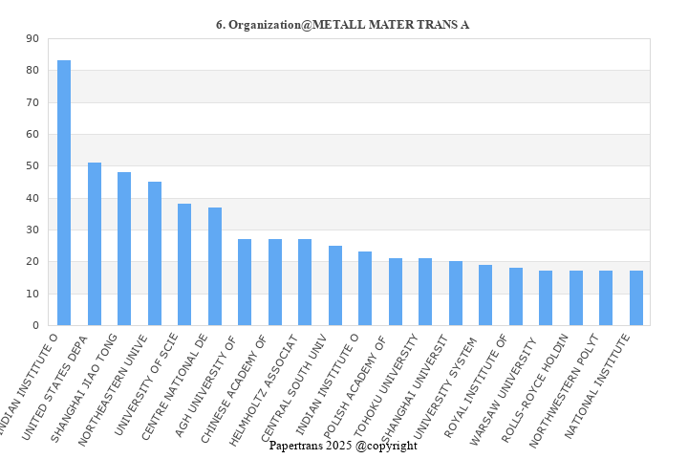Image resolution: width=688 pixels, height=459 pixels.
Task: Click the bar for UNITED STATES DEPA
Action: coord(95,244)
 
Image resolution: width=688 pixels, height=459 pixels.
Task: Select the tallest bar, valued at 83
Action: coord(64,193)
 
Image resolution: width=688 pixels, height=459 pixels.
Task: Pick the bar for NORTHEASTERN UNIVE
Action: coord(155,253)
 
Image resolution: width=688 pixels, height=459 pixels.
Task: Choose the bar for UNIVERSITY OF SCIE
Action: coord(184,265)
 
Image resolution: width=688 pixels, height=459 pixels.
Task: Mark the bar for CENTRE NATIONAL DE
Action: coord(215,267)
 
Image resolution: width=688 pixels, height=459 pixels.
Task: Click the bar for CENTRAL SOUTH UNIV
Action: coord(335,286)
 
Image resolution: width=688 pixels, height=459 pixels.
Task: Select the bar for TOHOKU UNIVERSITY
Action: coord(425,292)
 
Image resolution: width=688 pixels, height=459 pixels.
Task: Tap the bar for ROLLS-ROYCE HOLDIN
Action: coord(576,298)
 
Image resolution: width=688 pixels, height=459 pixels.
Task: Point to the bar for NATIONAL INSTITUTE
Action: coord(636,298)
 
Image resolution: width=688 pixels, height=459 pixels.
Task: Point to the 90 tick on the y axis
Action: coord(32,39)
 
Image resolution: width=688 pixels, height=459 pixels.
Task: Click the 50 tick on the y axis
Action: coord(32,166)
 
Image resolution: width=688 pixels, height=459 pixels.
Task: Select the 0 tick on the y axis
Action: coord(35,326)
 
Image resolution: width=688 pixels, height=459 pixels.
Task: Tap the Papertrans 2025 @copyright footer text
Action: coord(343,446)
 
